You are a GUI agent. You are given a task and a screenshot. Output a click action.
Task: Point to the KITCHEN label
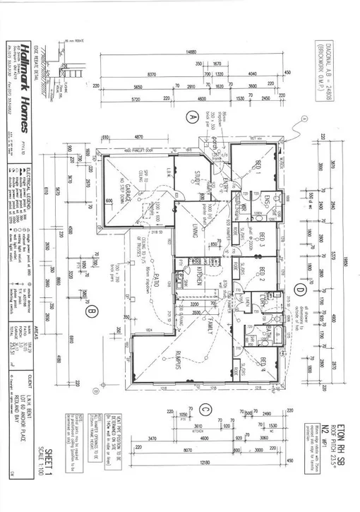click(200, 278)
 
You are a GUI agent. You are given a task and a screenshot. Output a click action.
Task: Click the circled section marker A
click(189, 118)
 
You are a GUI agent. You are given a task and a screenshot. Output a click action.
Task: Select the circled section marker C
click(204, 408)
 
